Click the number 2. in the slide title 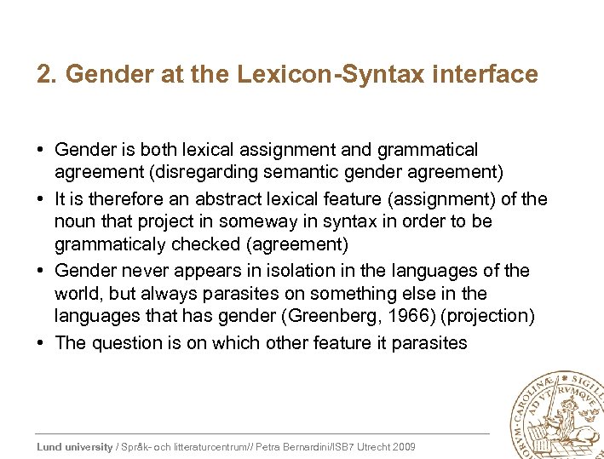point(46,75)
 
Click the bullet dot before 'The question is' point(42,342)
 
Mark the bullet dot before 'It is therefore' point(42,198)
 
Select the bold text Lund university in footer point(74,447)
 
